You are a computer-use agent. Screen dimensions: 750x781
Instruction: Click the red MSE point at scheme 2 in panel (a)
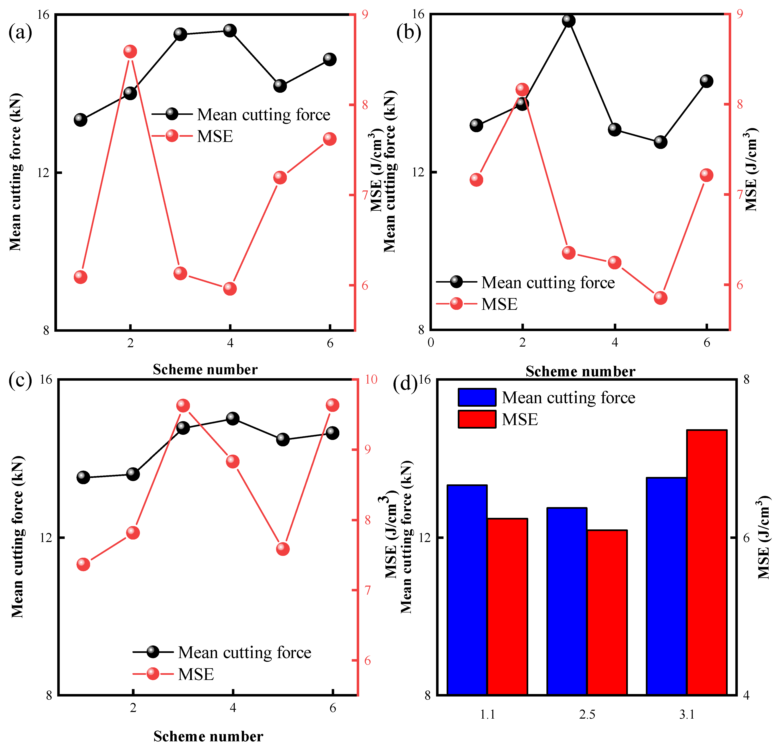point(130,51)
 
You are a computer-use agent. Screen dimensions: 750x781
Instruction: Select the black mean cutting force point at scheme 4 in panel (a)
point(230,30)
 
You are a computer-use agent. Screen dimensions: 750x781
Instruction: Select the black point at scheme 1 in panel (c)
point(83,477)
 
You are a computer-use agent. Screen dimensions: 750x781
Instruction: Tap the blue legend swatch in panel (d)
point(477,397)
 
